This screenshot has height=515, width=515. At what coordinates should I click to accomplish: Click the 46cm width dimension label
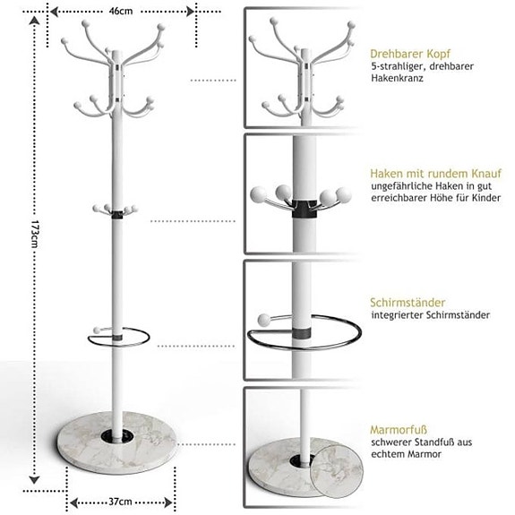[121, 11]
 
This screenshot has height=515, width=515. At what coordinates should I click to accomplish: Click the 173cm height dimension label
[35, 234]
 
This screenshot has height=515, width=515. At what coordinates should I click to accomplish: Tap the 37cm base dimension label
[120, 502]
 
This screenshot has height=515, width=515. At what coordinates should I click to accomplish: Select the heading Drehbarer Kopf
[410, 54]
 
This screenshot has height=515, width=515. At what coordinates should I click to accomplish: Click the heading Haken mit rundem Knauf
[436, 174]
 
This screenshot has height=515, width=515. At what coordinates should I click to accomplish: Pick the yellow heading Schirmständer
[408, 302]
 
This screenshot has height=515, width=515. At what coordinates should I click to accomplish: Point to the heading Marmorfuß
[399, 430]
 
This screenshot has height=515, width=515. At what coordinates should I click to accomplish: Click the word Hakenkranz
[397, 78]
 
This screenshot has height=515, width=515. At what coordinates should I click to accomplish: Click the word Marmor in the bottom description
[425, 454]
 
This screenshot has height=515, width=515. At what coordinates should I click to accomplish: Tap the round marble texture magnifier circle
[337, 471]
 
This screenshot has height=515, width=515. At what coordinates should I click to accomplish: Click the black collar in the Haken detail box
[305, 210]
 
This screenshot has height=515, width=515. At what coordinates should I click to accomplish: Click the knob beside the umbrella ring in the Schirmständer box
[263, 320]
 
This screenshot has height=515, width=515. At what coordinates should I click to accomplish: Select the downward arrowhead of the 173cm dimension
[35, 480]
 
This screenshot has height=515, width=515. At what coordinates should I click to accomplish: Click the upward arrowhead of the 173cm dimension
[35, 21]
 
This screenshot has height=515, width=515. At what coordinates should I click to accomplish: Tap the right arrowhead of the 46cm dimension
[190, 12]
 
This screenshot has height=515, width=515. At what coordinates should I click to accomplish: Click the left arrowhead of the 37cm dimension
[74, 502]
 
